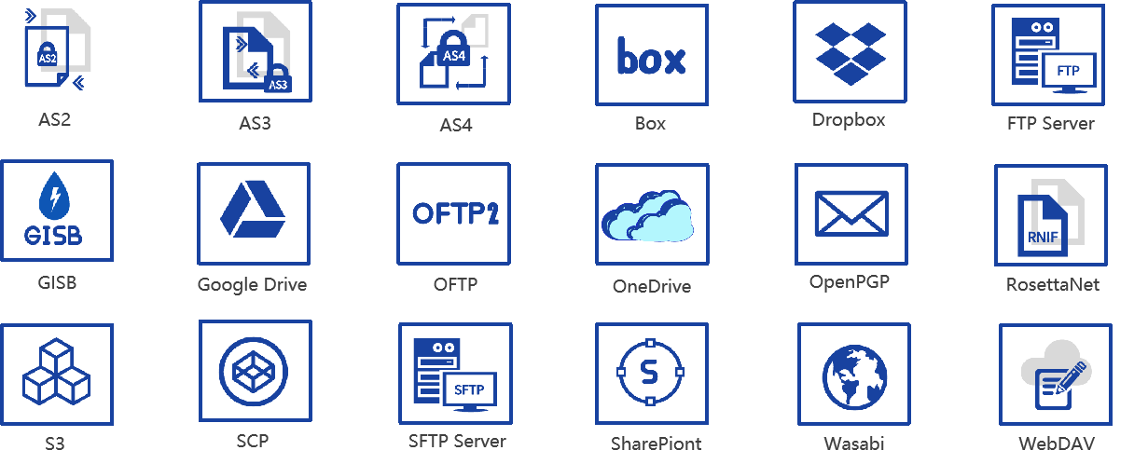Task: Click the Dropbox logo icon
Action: click(849, 53)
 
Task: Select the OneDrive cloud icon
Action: click(650, 217)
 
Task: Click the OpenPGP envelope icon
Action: click(851, 213)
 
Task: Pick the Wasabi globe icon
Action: click(853, 378)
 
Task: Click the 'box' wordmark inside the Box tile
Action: click(651, 58)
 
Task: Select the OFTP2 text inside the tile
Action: click(455, 212)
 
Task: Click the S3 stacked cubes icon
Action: click(56, 371)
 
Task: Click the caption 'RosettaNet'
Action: click(1052, 284)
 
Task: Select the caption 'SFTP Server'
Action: click(457, 441)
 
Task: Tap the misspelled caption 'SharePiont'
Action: click(656, 444)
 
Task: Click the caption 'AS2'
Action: click(55, 118)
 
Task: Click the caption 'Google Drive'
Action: click(252, 284)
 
